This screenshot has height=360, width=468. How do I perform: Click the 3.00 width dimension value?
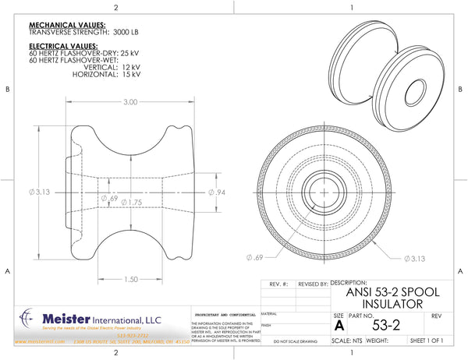coord(130,102)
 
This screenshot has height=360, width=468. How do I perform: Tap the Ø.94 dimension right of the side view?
coord(218,192)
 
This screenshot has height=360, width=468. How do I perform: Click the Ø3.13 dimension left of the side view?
coord(37,192)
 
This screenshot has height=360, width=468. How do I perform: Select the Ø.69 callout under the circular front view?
coord(254,256)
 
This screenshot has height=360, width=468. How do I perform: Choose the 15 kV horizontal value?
coord(130,75)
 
